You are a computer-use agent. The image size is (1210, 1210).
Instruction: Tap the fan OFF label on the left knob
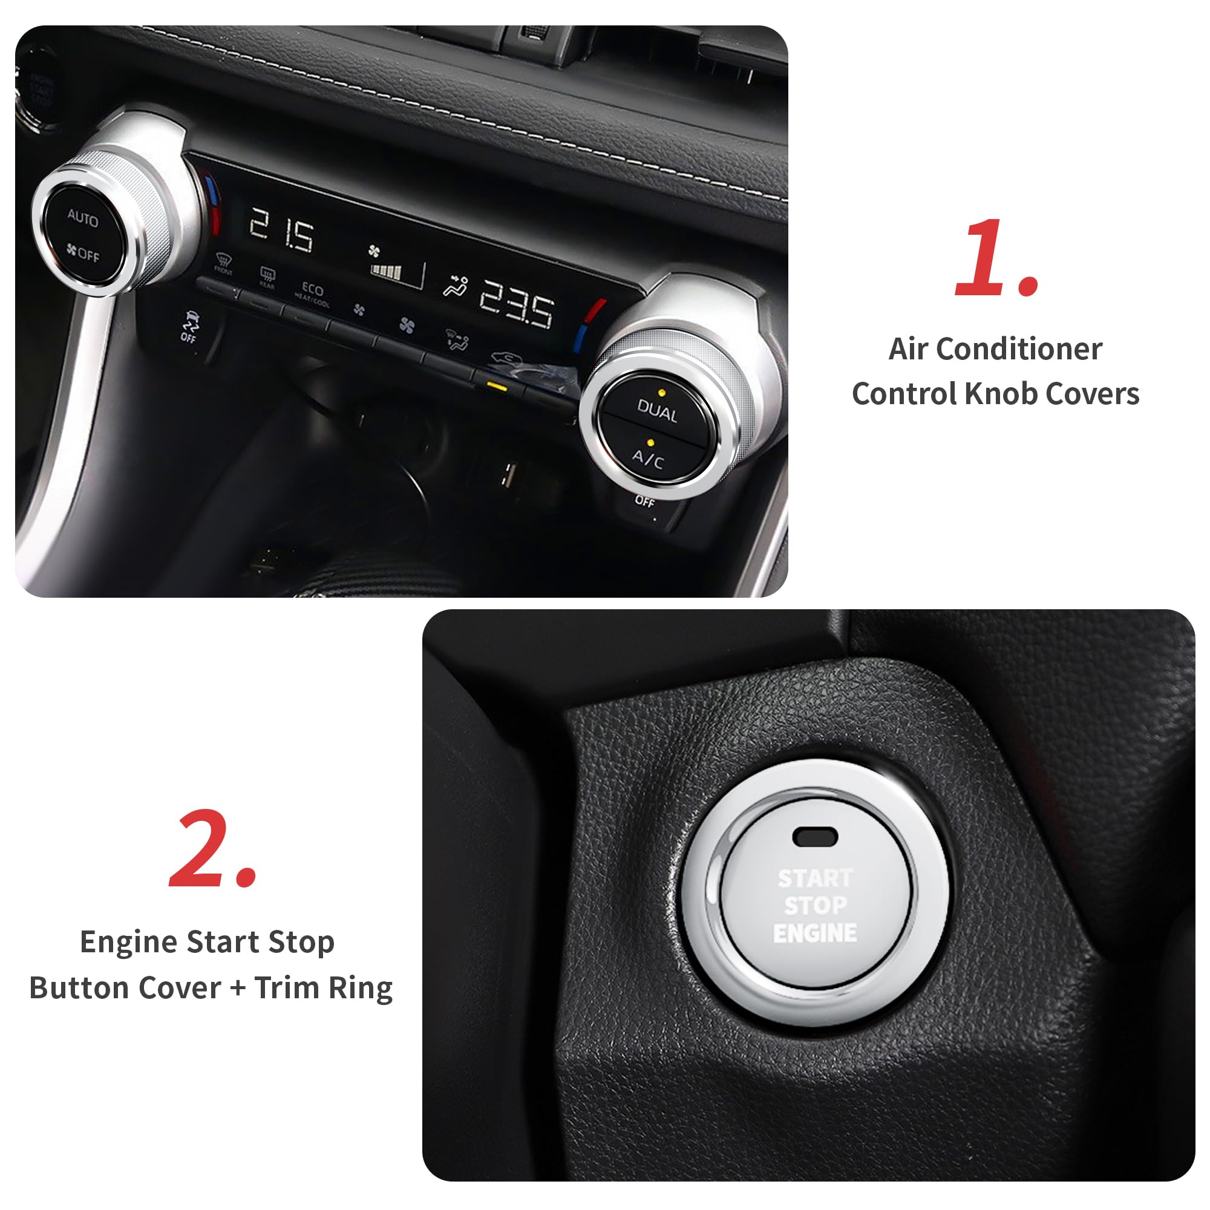point(83,253)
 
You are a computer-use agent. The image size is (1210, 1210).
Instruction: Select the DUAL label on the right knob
point(657,412)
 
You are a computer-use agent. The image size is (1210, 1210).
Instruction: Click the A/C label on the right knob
point(647,460)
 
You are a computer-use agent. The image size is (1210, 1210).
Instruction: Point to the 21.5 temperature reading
point(281,230)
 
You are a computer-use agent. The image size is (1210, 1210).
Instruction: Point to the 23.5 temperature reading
point(517,304)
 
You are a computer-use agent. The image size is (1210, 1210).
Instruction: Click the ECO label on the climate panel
point(312,289)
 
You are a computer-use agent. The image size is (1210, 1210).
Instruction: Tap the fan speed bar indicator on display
point(386,271)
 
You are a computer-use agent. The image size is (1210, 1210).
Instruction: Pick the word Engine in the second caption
point(129,942)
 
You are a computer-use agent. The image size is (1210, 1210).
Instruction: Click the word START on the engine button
point(815,878)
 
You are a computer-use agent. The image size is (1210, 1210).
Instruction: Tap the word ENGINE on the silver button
point(815,933)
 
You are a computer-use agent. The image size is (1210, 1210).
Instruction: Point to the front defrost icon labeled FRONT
point(223,263)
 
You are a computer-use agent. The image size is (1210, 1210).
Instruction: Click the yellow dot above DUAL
point(661,393)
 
